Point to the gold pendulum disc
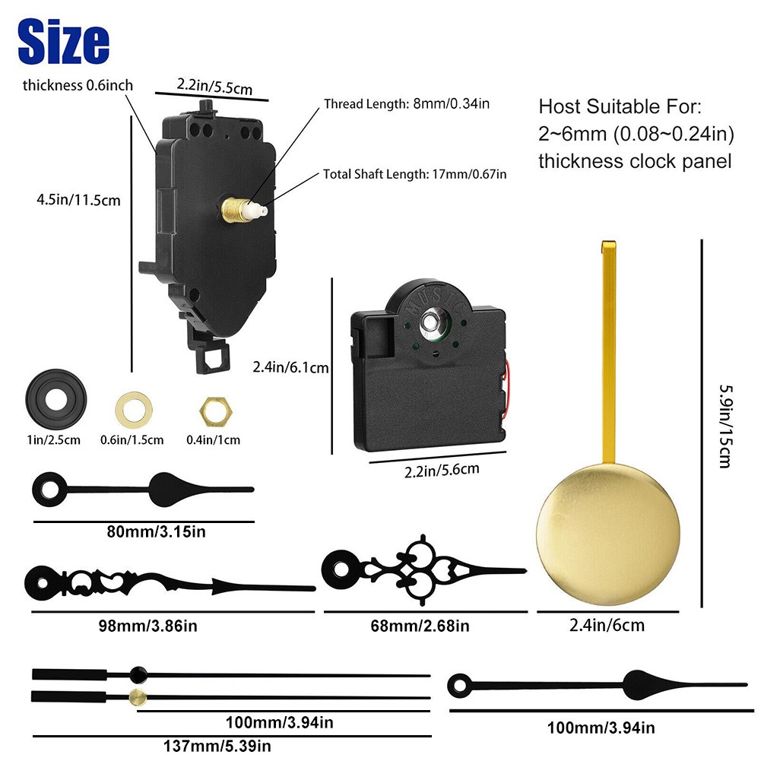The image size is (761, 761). point(608,534)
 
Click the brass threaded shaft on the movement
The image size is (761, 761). point(234,210)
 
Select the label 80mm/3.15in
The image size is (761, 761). point(157,531)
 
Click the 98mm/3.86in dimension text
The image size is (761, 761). point(148,626)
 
